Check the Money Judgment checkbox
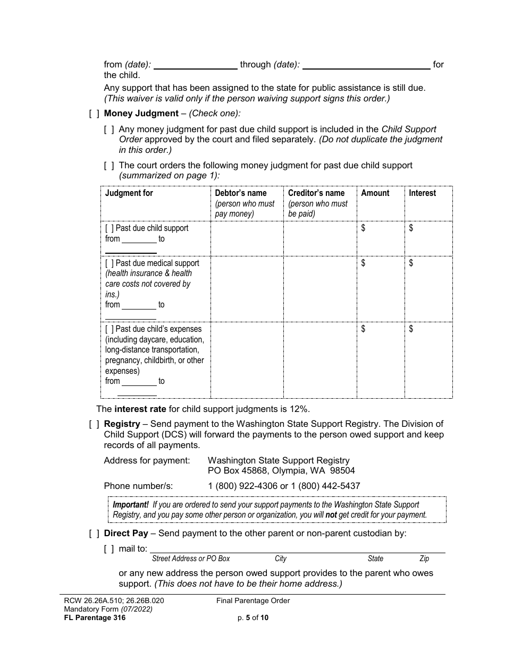94,114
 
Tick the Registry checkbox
94,424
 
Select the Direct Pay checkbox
94,534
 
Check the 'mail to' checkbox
109,549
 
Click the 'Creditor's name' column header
316,193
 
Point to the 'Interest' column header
422,193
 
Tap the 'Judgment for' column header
129,193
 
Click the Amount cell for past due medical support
381,289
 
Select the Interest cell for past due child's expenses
428,360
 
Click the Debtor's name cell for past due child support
247,239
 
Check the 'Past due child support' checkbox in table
109,228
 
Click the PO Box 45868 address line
281,471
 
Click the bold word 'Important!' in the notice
131,505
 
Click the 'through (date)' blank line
366,65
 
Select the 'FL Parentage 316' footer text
95,618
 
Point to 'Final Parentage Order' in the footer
253,601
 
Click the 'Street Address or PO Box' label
191,559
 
